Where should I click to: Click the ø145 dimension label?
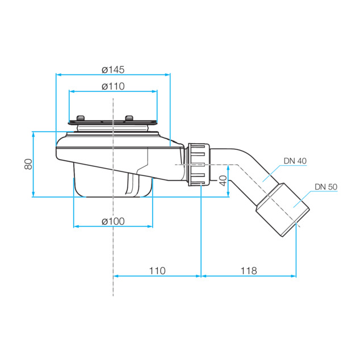(113, 70)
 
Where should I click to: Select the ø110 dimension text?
(113, 86)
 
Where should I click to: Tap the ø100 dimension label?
(113, 221)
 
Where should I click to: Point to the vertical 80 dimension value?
(28, 164)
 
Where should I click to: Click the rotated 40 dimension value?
(223, 181)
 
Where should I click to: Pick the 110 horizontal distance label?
(157, 271)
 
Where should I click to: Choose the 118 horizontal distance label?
(249, 271)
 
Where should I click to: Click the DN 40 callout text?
(295, 161)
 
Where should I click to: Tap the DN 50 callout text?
(326, 187)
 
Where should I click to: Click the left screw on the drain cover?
(81, 118)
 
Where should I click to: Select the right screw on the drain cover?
(129, 118)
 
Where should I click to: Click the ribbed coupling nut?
(199, 165)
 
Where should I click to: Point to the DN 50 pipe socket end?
(283, 210)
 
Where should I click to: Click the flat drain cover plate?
(113, 123)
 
